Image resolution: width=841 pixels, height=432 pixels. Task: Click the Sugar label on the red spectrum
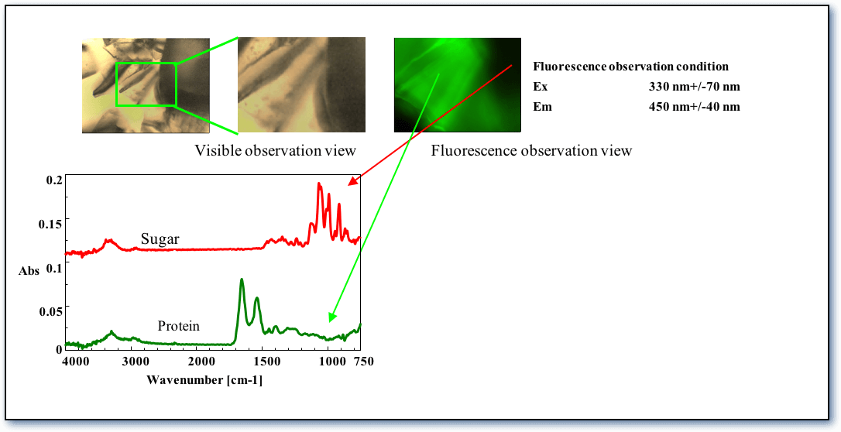click(x=160, y=239)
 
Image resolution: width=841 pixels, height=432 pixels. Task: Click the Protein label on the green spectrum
click(x=179, y=326)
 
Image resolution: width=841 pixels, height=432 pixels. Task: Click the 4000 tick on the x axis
click(x=75, y=362)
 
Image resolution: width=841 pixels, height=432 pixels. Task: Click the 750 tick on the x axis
click(x=363, y=362)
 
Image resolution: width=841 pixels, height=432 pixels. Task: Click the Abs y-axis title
click(x=29, y=271)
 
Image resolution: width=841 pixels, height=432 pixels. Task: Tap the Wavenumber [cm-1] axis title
click(x=204, y=381)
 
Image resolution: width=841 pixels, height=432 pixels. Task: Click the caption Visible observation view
click(x=275, y=150)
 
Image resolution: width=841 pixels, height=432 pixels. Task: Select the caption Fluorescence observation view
click(x=531, y=150)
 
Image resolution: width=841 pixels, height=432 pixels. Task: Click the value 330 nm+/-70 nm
click(x=694, y=87)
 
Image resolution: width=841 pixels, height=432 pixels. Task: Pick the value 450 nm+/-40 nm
click(x=694, y=107)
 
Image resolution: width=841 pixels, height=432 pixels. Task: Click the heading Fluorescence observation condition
click(x=630, y=67)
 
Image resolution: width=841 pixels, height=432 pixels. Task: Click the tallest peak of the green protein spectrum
click(x=242, y=279)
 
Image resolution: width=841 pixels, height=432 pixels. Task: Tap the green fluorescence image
click(x=458, y=84)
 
